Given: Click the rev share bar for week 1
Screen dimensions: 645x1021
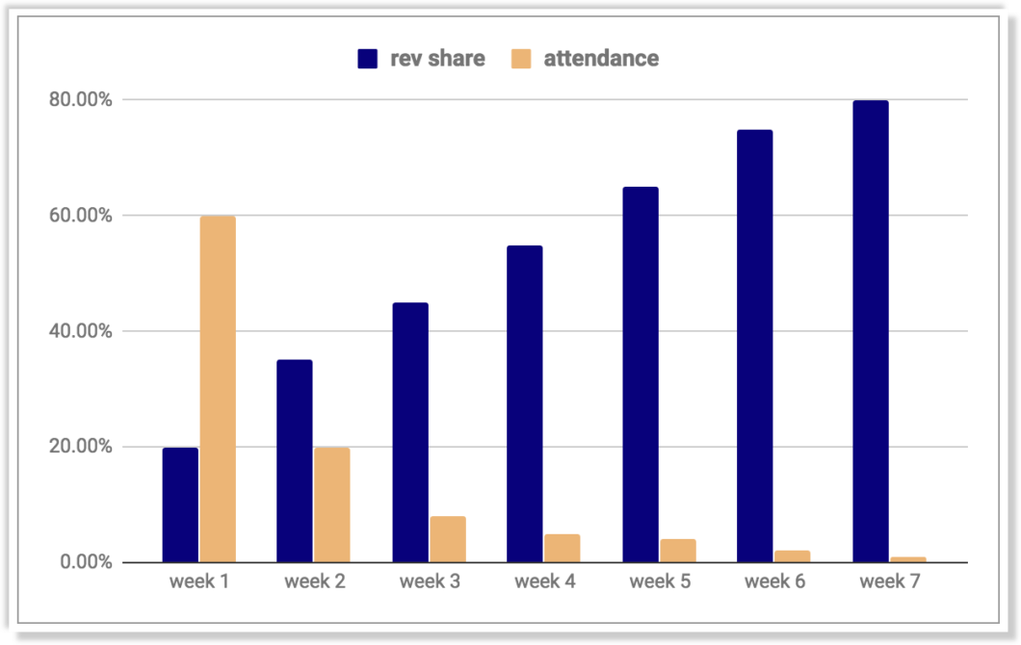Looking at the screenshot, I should pos(180,504).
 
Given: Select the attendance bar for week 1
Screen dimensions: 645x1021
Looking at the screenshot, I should pos(218,389).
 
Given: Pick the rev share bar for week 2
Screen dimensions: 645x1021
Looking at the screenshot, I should pos(295,461).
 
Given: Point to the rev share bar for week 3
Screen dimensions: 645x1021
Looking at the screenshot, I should pos(410,432).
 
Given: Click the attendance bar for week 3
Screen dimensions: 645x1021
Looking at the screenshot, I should pos(448,539).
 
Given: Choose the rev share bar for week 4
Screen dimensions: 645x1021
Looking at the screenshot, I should pos(525,403).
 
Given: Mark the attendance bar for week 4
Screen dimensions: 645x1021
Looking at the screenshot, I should pos(563,548).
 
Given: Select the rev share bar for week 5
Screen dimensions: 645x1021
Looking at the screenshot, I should pos(641,374).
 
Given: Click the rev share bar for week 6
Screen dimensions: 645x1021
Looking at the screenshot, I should pos(755,346).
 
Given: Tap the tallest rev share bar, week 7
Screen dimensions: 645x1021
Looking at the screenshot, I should pos(871,331).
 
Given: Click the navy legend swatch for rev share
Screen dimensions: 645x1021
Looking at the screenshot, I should pos(367,59).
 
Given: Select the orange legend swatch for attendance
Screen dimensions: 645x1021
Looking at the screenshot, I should pos(520,59).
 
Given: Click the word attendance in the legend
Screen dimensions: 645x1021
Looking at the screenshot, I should pos(601,59).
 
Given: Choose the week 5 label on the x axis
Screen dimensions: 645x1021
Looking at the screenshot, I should pos(660,582).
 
